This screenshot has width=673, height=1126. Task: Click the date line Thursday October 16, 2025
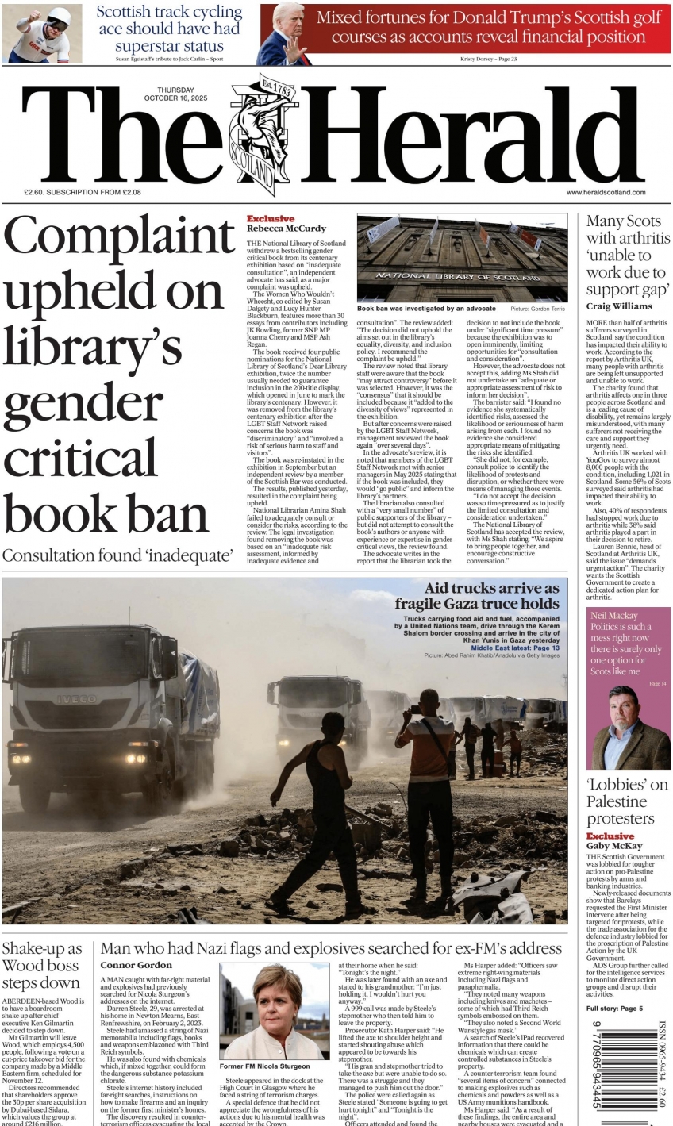point(175,94)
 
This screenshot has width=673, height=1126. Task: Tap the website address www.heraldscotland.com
point(606,192)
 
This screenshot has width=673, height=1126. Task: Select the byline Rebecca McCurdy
point(286,229)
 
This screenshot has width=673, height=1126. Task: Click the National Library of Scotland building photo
point(462,257)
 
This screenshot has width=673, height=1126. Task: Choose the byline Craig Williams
point(619,306)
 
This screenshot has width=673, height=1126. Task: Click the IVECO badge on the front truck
point(76,699)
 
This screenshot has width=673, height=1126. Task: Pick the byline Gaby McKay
point(613,846)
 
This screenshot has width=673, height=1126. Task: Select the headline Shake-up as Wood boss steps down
point(41,967)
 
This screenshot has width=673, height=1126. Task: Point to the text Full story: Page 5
point(614,1008)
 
